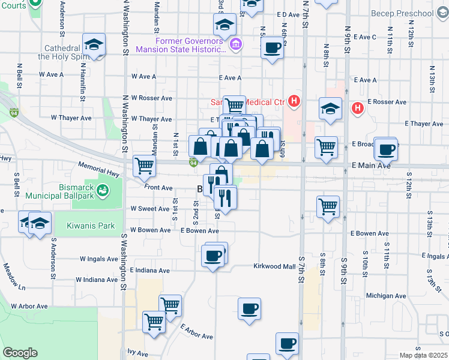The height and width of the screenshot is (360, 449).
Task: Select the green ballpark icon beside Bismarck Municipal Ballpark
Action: click(x=103, y=190)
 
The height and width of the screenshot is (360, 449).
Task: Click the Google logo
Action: click(x=20, y=353)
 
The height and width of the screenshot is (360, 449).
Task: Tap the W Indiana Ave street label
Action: click(x=97, y=280)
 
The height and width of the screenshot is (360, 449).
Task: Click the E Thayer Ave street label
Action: click(x=424, y=124)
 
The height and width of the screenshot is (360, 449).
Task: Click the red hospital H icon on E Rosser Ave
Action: click(x=358, y=108)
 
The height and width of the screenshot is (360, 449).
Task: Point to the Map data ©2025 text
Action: click(x=423, y=355)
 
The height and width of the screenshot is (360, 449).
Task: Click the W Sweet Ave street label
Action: click(x=150, y=209)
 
